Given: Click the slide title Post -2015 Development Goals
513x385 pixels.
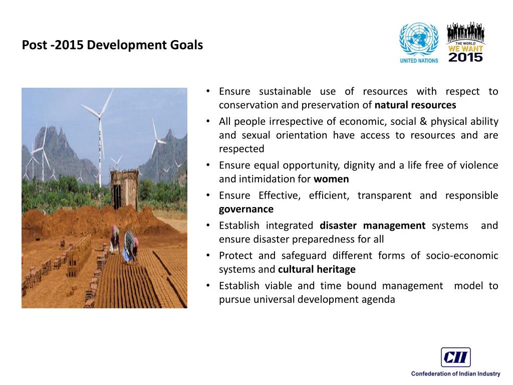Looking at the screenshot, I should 112,45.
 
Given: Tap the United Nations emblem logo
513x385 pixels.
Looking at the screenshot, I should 418,40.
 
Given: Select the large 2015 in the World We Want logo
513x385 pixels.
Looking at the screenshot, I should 465,57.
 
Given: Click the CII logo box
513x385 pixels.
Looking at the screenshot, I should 455,357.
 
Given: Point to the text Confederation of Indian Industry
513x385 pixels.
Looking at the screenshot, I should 455,373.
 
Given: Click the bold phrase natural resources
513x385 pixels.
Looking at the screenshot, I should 415,105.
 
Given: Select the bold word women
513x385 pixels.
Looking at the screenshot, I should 331,179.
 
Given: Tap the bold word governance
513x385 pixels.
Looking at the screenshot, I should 246,209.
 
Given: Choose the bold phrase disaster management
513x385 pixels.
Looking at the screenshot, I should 372,226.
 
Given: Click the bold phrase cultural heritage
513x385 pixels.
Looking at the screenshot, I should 317,269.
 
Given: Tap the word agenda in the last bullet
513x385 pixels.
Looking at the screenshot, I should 378,300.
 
